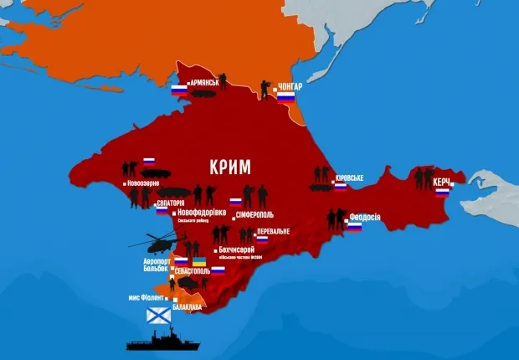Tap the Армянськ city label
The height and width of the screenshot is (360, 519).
[x=204, y=82]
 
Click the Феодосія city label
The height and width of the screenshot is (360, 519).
[x=363, y=217]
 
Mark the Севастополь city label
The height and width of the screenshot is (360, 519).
[x=195, y=273]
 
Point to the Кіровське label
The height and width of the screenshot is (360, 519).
[x=349, y=178]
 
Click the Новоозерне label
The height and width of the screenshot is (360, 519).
[x=145, y=183]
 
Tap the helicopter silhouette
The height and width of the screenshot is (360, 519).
[x=157, y=243]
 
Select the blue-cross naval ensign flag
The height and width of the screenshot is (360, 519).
[x=159, y=316]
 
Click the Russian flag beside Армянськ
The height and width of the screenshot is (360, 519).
[x=179, y=90]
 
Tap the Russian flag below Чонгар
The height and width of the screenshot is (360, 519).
[x=286, y=98]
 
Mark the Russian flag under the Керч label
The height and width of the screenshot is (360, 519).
[x=442, y=192]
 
